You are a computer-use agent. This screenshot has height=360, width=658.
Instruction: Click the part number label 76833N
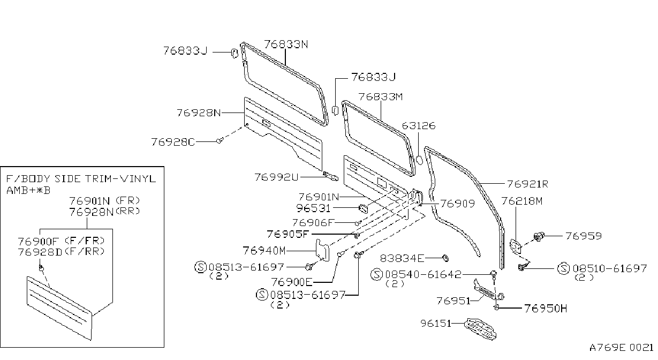point(286,44)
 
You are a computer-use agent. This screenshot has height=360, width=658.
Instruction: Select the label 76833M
point(381,96)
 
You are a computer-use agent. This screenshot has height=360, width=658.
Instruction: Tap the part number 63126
point(419,125)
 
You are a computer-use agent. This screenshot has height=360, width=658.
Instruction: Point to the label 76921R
point(527,184)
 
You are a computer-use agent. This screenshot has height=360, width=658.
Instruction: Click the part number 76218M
point(522,201)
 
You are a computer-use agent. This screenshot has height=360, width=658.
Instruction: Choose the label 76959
point(584,236)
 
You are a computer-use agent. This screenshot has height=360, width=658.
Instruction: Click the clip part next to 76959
point(539,237)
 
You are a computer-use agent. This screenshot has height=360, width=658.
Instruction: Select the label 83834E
point(402,258)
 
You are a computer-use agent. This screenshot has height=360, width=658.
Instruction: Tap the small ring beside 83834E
point(445,258)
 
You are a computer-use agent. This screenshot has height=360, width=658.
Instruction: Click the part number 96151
point(436,323)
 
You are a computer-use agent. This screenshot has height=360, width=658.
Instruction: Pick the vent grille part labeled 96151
point(480,329)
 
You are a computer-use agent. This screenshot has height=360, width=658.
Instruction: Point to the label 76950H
point(546,308)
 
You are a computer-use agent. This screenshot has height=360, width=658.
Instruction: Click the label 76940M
point(264,251)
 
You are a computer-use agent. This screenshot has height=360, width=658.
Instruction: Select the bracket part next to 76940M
point(322,250)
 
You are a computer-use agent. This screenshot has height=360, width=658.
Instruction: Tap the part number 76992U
point(276,177)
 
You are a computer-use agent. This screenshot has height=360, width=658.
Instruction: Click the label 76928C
point(173,142)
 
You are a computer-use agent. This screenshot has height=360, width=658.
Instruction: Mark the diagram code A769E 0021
point(621,348)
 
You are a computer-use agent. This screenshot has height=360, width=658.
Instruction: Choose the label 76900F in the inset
point(39,241)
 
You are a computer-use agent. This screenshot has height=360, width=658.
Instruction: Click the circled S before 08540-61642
point(377,274)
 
